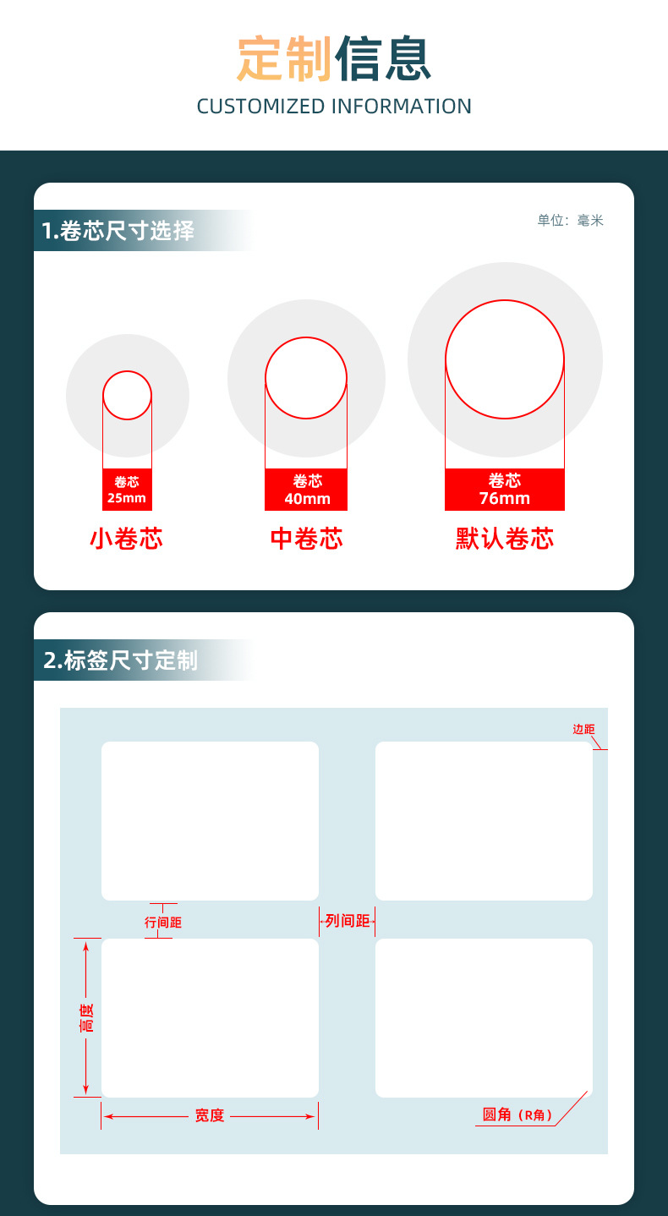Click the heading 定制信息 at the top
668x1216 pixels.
[334, 58]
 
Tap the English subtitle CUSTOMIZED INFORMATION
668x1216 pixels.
[334, 107]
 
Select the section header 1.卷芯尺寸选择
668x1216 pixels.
[118, 231]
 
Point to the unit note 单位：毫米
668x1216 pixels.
[570, 221]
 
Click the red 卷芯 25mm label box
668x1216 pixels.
[127, 490]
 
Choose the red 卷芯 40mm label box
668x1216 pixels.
[306, 490]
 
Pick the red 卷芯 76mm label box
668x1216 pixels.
[505, 490]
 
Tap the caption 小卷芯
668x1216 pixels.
[127, 539]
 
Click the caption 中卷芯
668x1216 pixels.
[307, 539]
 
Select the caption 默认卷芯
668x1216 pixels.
[505, 539]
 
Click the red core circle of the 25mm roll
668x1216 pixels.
[127, 371]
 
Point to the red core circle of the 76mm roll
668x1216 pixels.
[505, 300]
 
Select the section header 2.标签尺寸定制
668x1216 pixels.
[120, 660]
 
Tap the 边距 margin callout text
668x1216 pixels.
[584, 729]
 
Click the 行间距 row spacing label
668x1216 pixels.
[163, 923]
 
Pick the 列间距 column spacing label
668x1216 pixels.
[348, 921]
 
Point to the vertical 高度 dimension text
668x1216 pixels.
[86, 1017]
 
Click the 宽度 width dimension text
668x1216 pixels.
[210, 1115]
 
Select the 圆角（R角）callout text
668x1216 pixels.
[517, 1115]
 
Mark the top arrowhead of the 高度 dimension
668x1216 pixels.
[85, 942]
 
